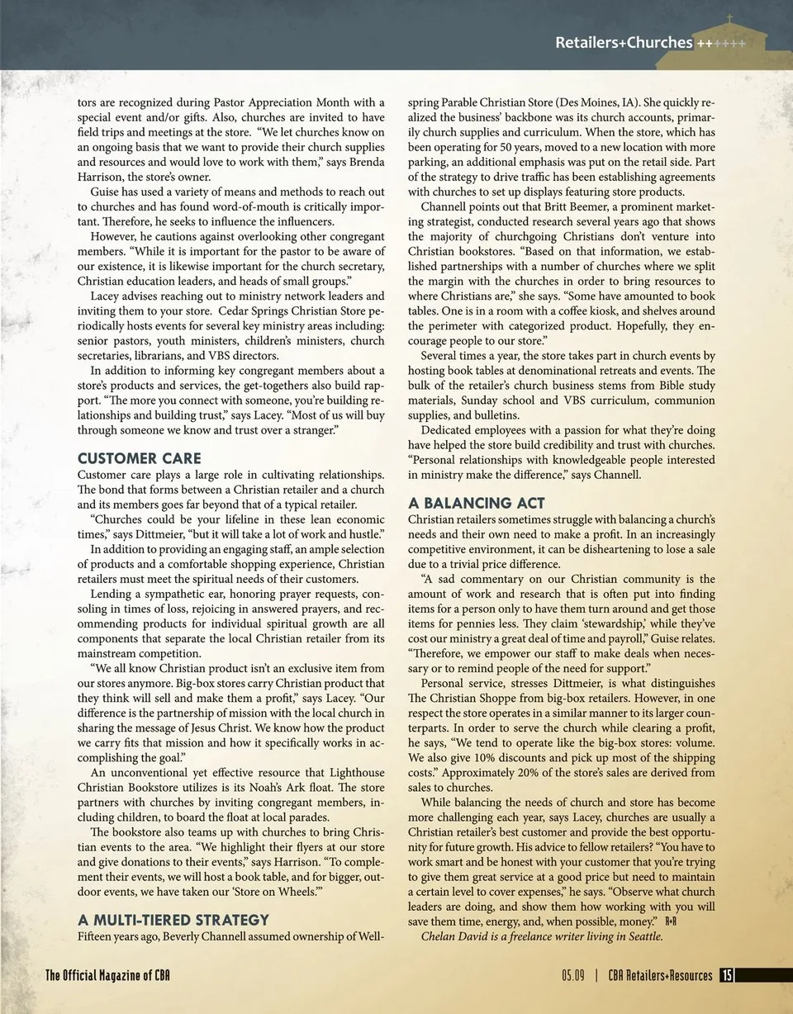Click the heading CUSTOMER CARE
click(139, 458)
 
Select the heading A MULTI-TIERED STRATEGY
click(173, 919)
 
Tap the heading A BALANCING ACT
click(477, 503)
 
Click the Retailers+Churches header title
click(624, 42)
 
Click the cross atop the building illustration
click(729, 18)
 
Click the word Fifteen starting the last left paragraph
click(96, 936)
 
